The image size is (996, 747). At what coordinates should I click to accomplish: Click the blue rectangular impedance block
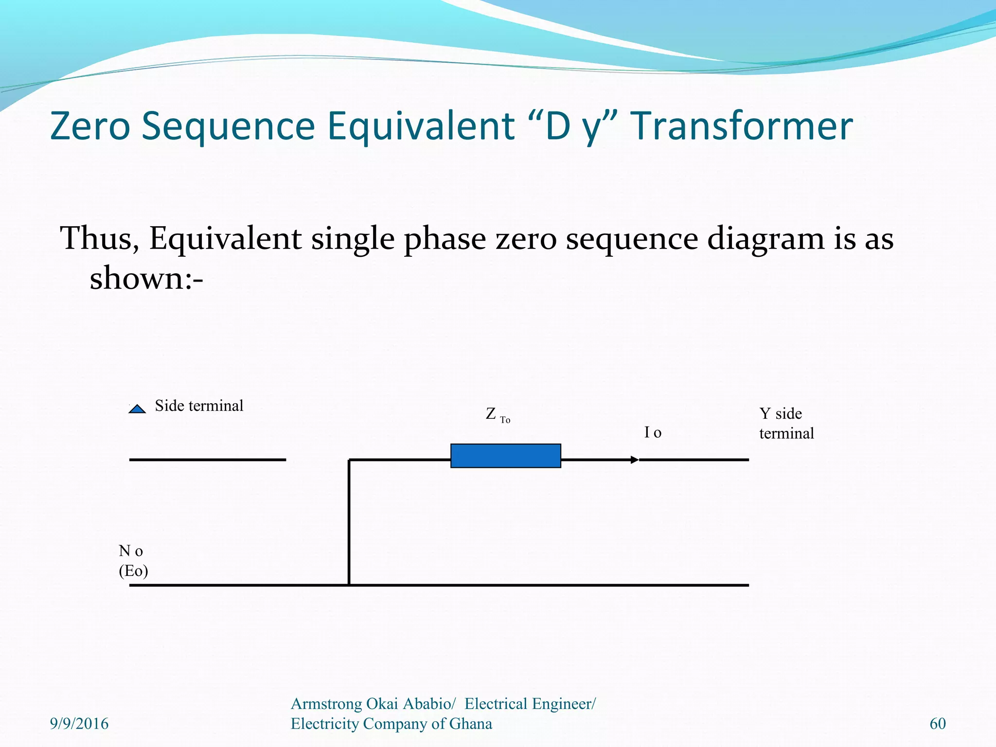tap(505, 456)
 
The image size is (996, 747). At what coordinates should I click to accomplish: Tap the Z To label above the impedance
tap(498, 415)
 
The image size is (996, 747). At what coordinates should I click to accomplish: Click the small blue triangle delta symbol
tap(137, 409)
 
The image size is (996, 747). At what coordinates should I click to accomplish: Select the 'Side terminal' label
tap(199, 406)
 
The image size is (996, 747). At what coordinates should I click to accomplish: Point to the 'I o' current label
tap(653, 432)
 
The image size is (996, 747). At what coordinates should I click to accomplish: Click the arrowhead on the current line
tap(634, 460)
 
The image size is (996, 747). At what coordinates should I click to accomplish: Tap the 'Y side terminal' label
tap(786, 424)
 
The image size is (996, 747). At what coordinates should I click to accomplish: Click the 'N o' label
tap(130, 551)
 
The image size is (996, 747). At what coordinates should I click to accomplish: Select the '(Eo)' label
tap(133, 570)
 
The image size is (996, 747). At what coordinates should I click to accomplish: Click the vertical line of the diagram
tap(349, 523)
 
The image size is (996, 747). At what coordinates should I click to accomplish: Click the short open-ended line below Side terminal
tap(207, 460)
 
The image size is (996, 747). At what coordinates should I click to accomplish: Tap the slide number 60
tap(937, 724)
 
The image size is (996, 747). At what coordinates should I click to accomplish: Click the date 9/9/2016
tap(79, 724)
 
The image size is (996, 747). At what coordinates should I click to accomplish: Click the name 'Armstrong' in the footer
tap(326, 704)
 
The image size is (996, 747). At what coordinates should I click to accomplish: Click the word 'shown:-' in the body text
tap(146, 279)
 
